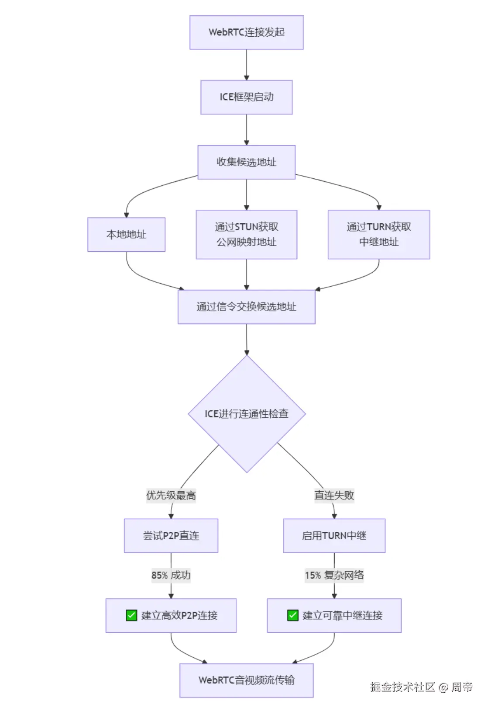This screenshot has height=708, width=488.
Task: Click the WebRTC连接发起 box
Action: pyautogui.click(x=246, y=32)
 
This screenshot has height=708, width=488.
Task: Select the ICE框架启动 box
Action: pyautogui.click(x=246, y=97)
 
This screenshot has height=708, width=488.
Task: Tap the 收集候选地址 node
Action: pyautogui.click(x=246, y=162)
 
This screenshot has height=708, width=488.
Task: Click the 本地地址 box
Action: pyautogui.click(x=126, y=235)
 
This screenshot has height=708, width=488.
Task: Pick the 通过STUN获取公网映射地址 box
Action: pyautogui.click(x=246, y=234)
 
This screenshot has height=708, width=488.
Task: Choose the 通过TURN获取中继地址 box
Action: pyautogui.click(x=378, y=234)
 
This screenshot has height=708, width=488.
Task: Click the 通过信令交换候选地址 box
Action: pyautogui.click(x=246, y=307)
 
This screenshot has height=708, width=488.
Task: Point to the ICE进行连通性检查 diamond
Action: pyautogui.click(x=247, y=413)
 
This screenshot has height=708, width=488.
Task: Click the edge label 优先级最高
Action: pyautogui.click(x=171, y=495)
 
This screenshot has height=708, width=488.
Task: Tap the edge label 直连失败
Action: pyautogui.click(x=334, y=495)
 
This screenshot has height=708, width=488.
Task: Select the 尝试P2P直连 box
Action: pyautogui.click(x=171, y=535)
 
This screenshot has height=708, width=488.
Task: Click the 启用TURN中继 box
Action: pyautogui.click(x=334, y=535)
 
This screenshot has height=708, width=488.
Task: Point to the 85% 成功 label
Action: pyautogui.click(x=171, y=575)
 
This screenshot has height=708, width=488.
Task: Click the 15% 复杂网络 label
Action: pyautogui.click(x=334, y=575)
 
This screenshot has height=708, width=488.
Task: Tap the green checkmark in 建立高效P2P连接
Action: pyautogui.click(x=131, y=615)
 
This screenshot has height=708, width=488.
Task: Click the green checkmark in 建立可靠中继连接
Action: pyautogui.click(x=292, y=615)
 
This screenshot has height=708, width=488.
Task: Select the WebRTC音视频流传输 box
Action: pyautogui.click(x=246, y=680)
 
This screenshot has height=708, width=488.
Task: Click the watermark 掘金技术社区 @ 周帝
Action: pyautogui.click(x=421, y=687)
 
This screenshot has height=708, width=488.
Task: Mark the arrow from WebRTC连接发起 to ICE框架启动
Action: pyautogui.click(x=246, y=65)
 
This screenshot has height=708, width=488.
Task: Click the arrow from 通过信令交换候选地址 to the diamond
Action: pyautogui.click(x=247, y=340)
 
